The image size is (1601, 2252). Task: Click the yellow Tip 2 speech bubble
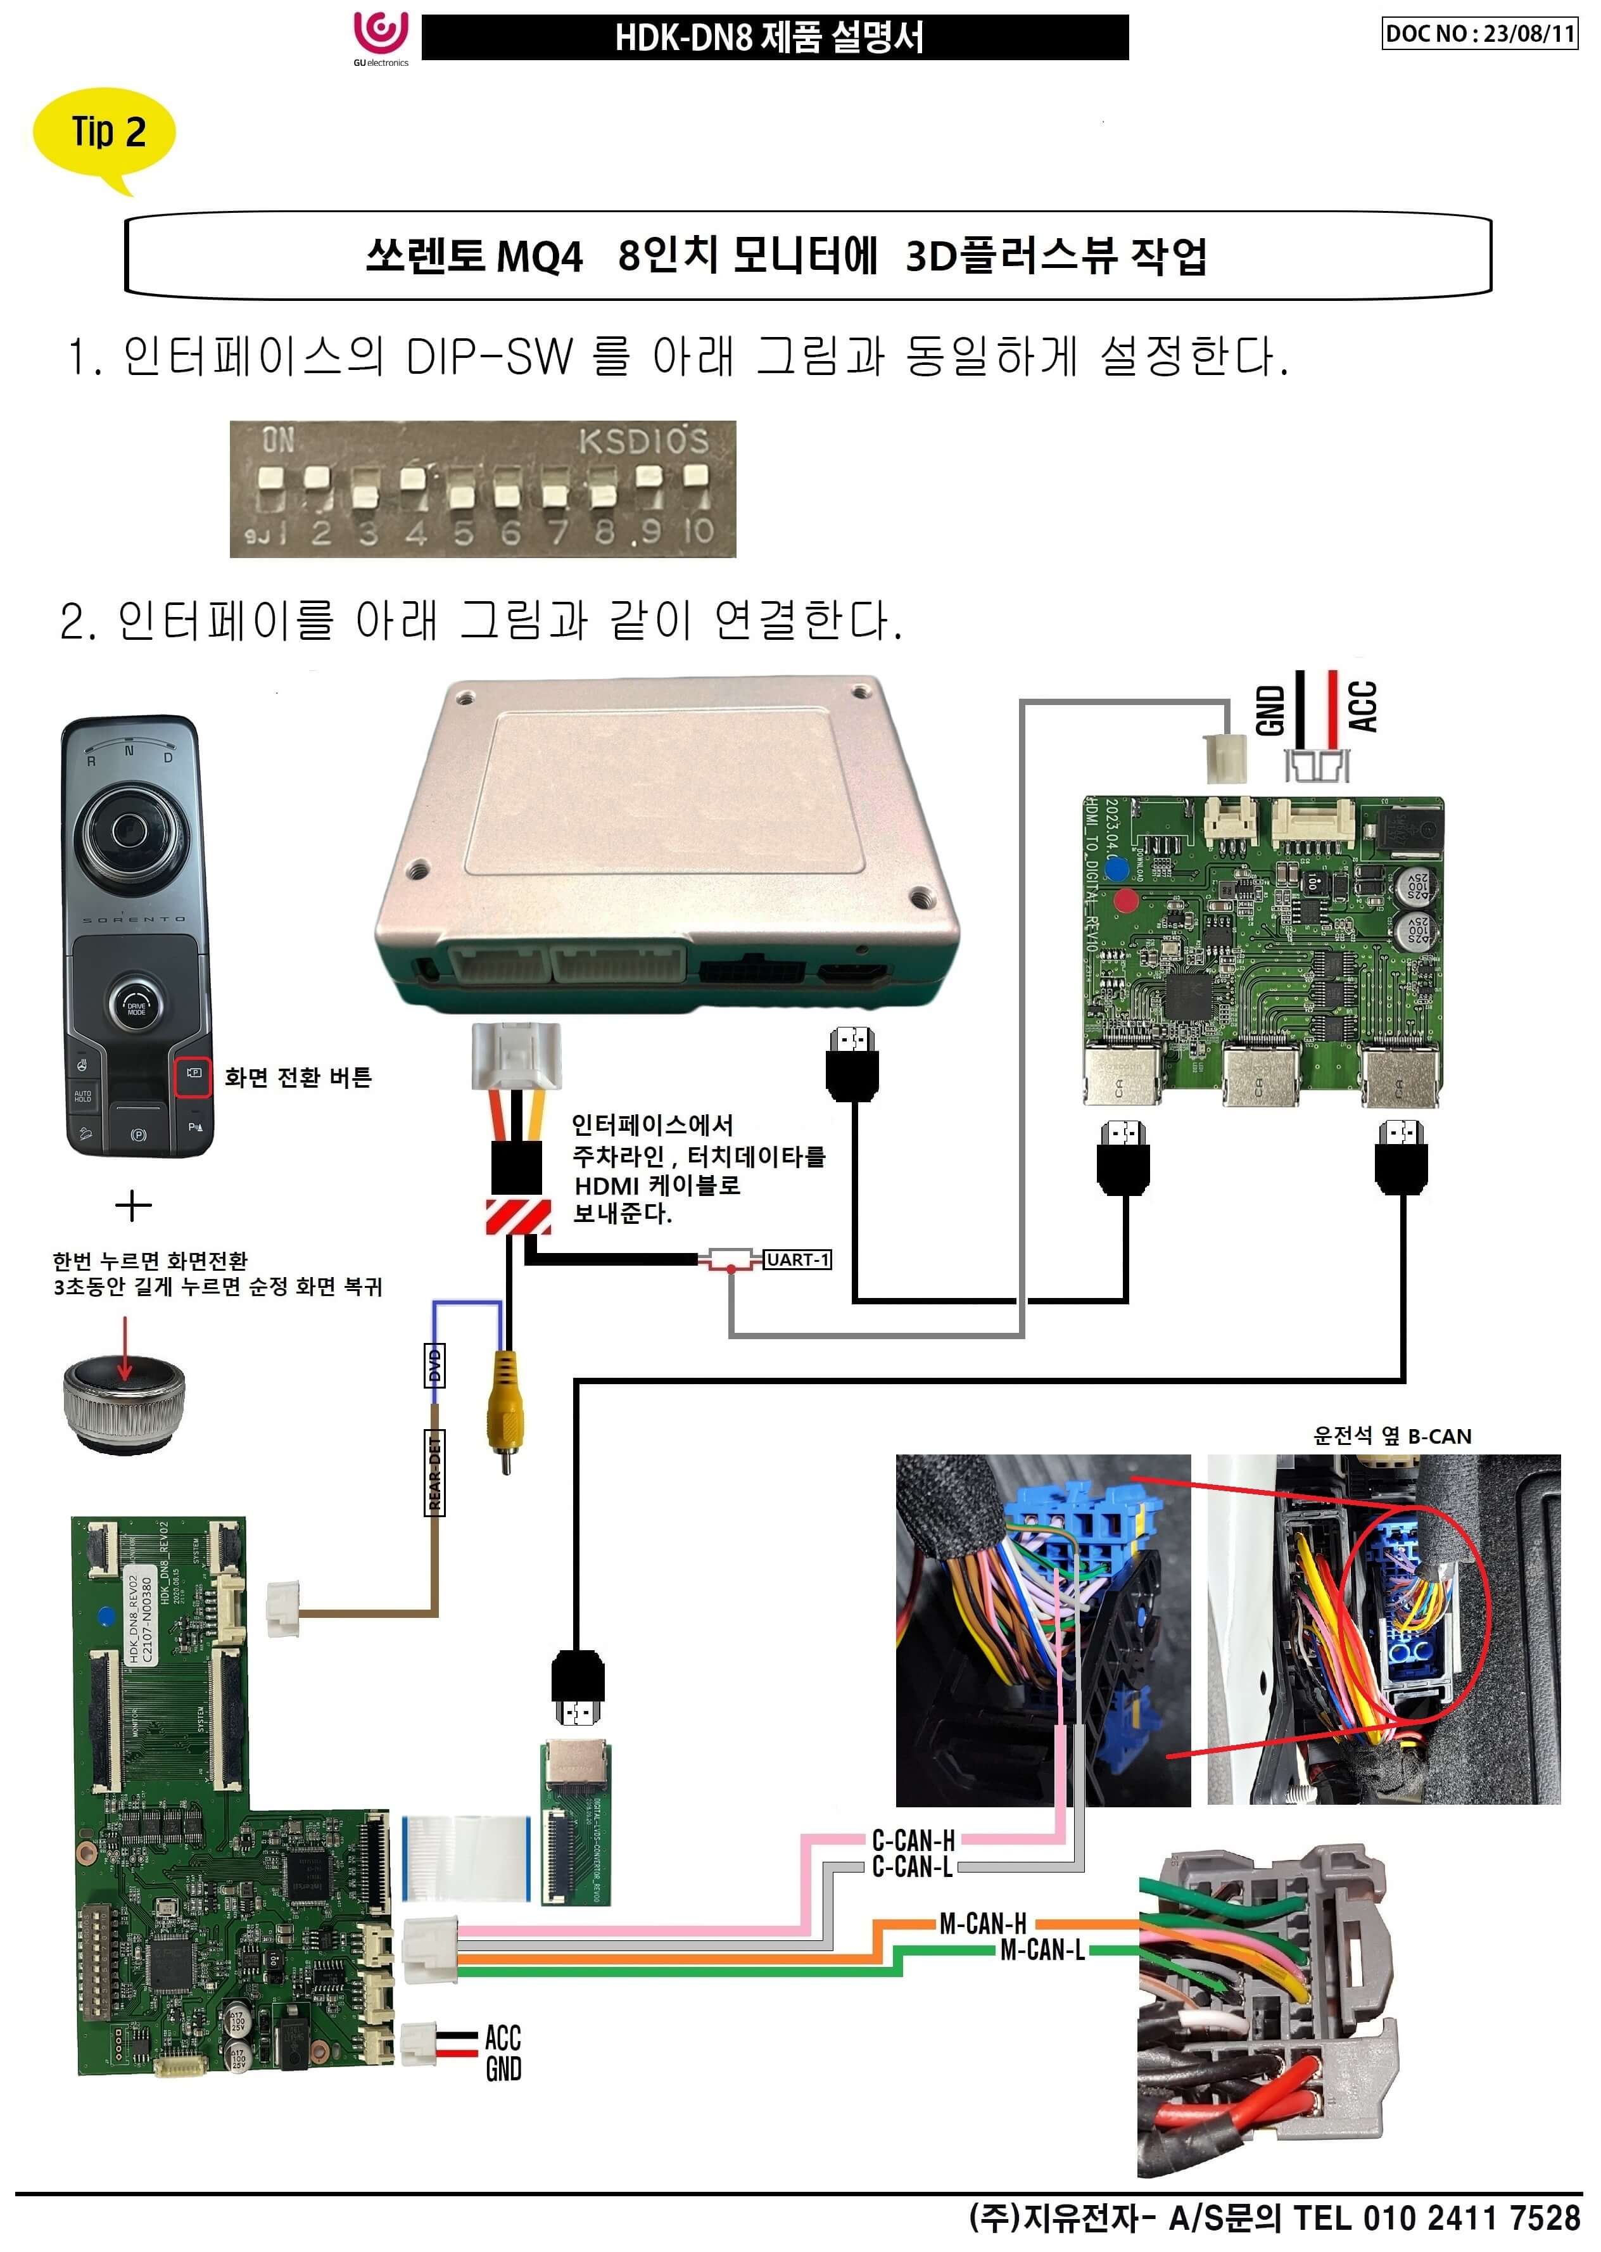click(104, 133)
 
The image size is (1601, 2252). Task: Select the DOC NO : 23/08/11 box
click(1479, 34)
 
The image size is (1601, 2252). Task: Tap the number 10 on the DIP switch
click(698, 531)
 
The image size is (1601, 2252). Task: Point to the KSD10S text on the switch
click(643, 441)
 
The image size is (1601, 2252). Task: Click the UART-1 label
click(797, 1259)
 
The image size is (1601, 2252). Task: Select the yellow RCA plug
click(505, 1410)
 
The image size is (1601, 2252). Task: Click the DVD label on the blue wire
click(434, 1366)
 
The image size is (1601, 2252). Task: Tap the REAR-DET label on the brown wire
click(434, 1473)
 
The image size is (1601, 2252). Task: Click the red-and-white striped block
click(517, 1217)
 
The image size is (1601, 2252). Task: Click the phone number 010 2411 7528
click(1472, 2218)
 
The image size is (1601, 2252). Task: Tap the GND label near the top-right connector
click(1271, 710)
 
